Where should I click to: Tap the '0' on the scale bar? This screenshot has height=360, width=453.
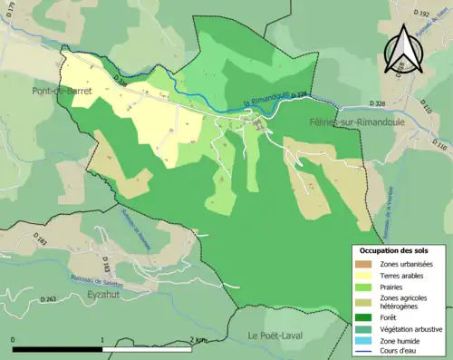click(x=14, y=340)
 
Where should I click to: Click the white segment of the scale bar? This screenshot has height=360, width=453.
click(x=148, y=348)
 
